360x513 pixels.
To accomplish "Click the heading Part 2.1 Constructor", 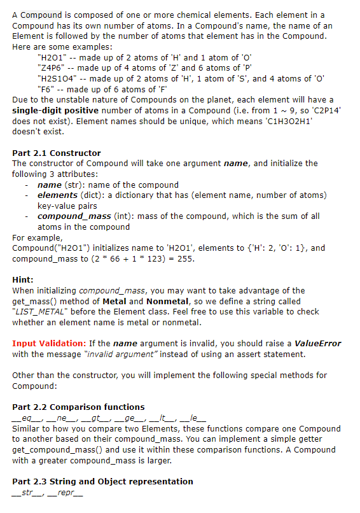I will click(x=57, y=153).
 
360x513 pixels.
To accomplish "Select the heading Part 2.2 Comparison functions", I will click(x=78, y=407).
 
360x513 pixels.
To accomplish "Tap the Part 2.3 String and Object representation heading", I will click(x=102, y=481).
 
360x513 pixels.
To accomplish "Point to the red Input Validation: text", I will click(x=49, y=344).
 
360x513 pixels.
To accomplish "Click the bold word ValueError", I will click(x=318, y=344).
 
